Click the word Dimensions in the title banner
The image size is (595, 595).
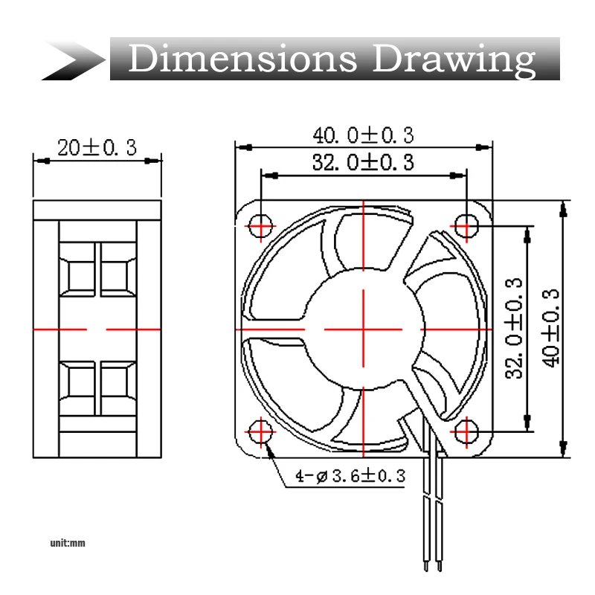[x=243, y=58]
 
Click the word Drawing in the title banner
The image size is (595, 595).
[x=454, y=60]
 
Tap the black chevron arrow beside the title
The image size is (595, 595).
[x=74, y=60]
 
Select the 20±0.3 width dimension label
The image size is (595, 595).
[x=97, y=147]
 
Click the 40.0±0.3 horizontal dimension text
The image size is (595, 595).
[x=363, y=135]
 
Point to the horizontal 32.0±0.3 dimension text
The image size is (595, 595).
[x=363, y=162]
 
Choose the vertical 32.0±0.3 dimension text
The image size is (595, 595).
[x=514, y=329]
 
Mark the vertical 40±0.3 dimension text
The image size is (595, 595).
[x=550, y=329]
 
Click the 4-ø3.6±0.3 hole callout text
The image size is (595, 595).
[x=350, y=476]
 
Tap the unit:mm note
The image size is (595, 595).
[x=68, y=543]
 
